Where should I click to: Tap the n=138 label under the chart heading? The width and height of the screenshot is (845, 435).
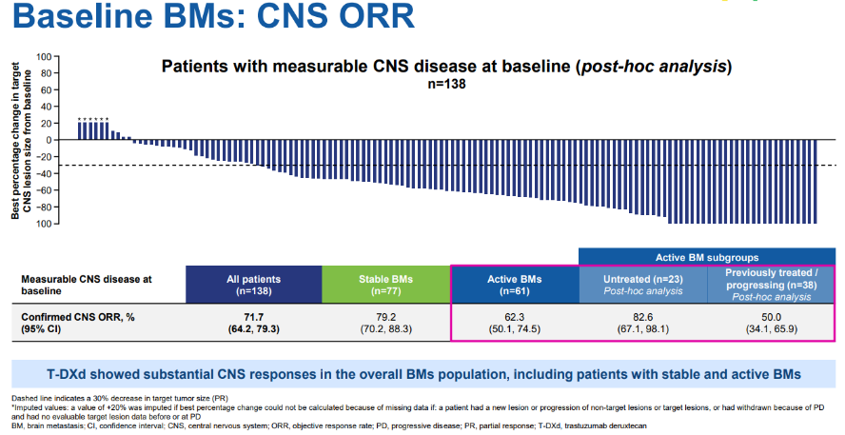(446, 84)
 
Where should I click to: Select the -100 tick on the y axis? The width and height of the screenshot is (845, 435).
(42, 224)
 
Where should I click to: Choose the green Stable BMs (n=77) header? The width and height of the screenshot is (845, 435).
(385, 285)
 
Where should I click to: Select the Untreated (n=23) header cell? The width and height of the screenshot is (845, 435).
(642, 285)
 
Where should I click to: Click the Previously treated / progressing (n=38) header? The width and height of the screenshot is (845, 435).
(771, 285)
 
